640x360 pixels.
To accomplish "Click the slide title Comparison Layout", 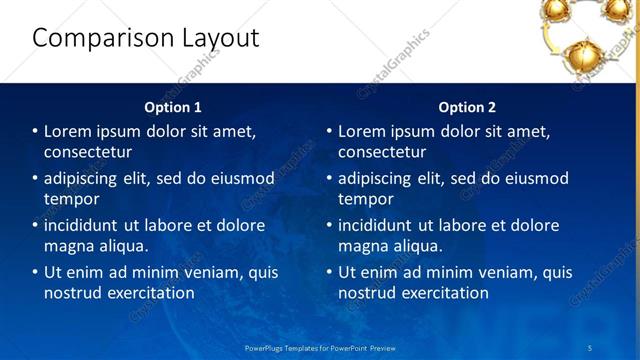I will pyautogui.click(x=145, y=38).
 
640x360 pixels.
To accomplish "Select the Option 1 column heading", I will pyautogui.click(x=173, y=107).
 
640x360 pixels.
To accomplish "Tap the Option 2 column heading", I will pyautogui.click(x=467, y=107).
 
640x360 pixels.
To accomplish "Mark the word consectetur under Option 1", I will pyautogui.click(x=88, y=152).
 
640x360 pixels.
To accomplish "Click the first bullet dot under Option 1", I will pyautogui.click(x=35, y=132).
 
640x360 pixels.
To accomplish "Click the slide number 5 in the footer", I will pyautogui.click(x=590, y=347).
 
